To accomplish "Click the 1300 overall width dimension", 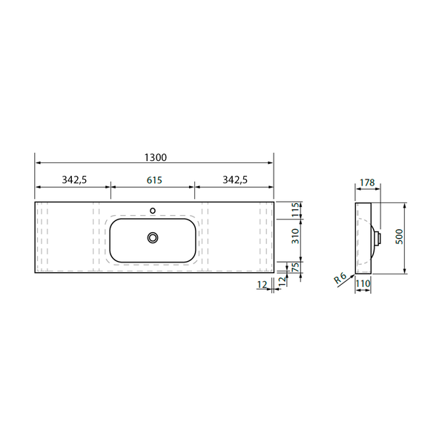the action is (x=156, y=157).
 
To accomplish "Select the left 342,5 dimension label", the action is (x=74, y=179).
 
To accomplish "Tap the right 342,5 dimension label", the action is (x=235, y=179).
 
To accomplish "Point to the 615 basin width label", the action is (x=154, y=180).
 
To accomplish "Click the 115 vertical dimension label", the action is (x=295, y=209).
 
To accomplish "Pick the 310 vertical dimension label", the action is (x=295, y=236).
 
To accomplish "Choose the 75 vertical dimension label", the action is (x=295, y=268).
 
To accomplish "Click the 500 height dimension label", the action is (x=399, y=237).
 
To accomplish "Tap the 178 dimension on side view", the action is (x=367, y=182).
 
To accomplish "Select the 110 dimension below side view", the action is (x=363, y=283).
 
